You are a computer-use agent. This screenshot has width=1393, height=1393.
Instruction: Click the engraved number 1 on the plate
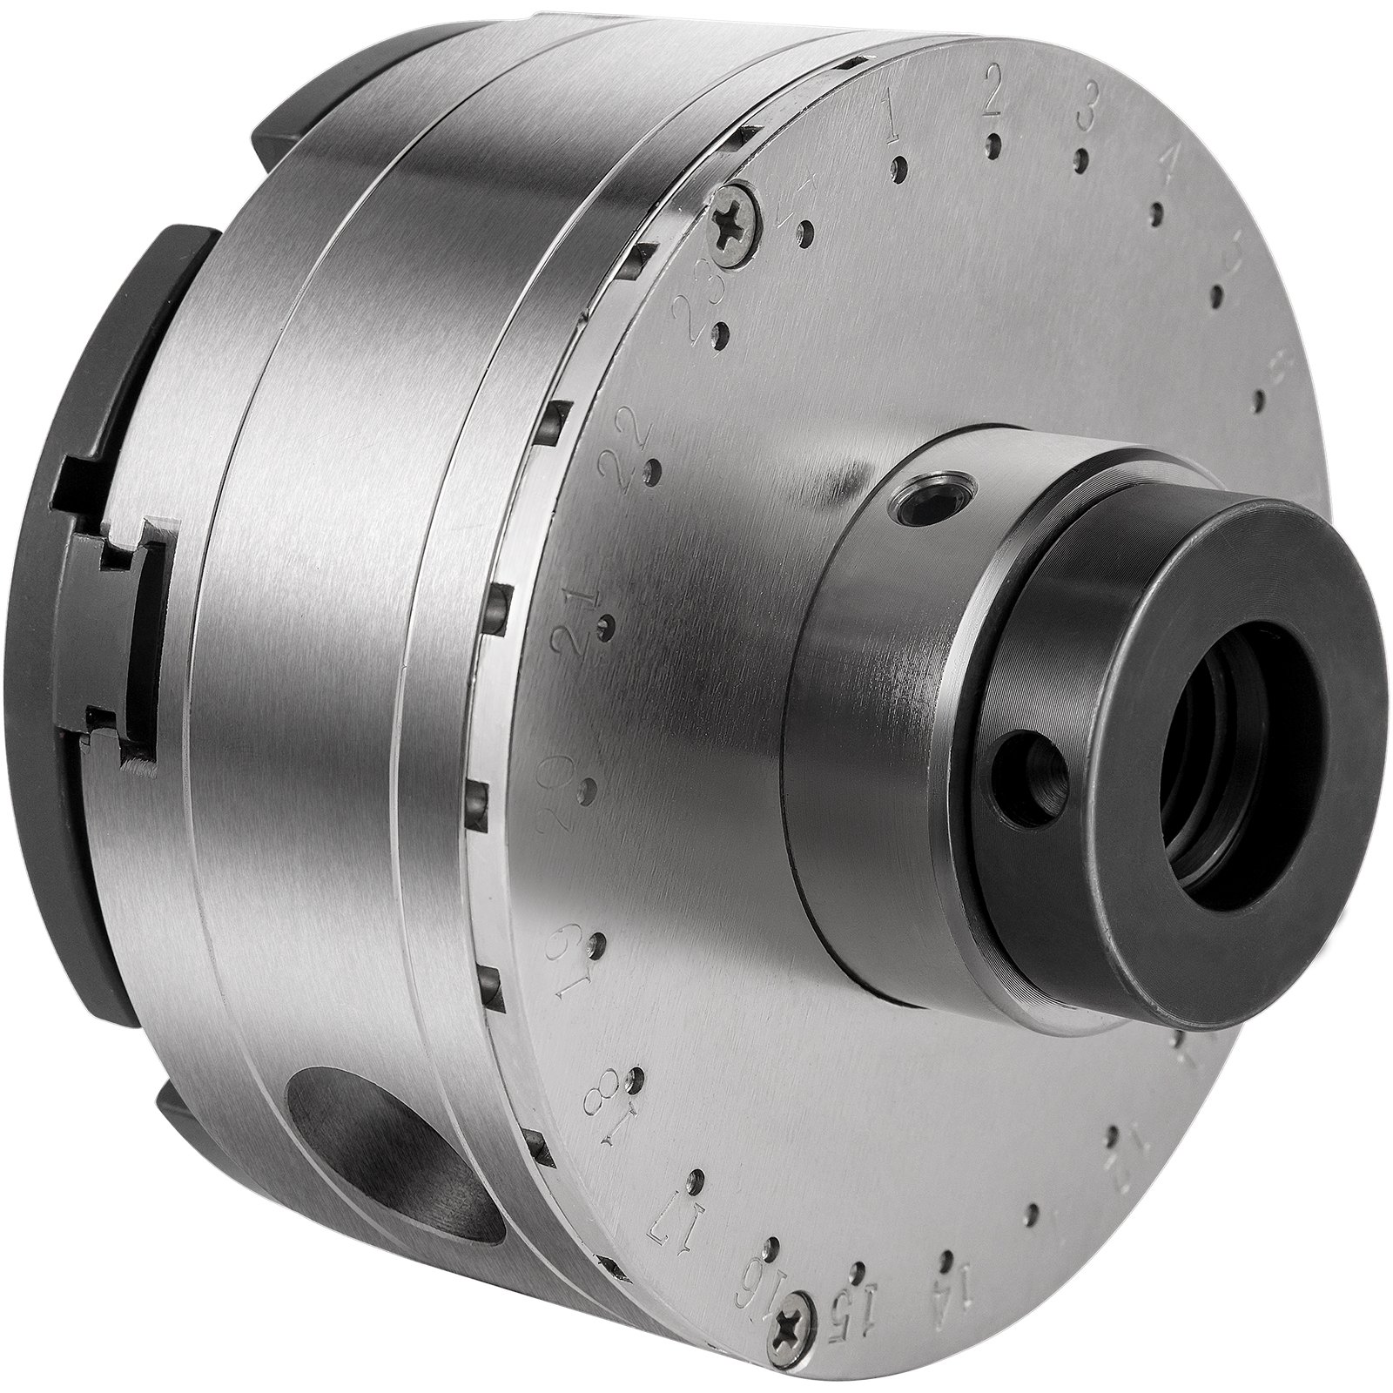tap(891, 124)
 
